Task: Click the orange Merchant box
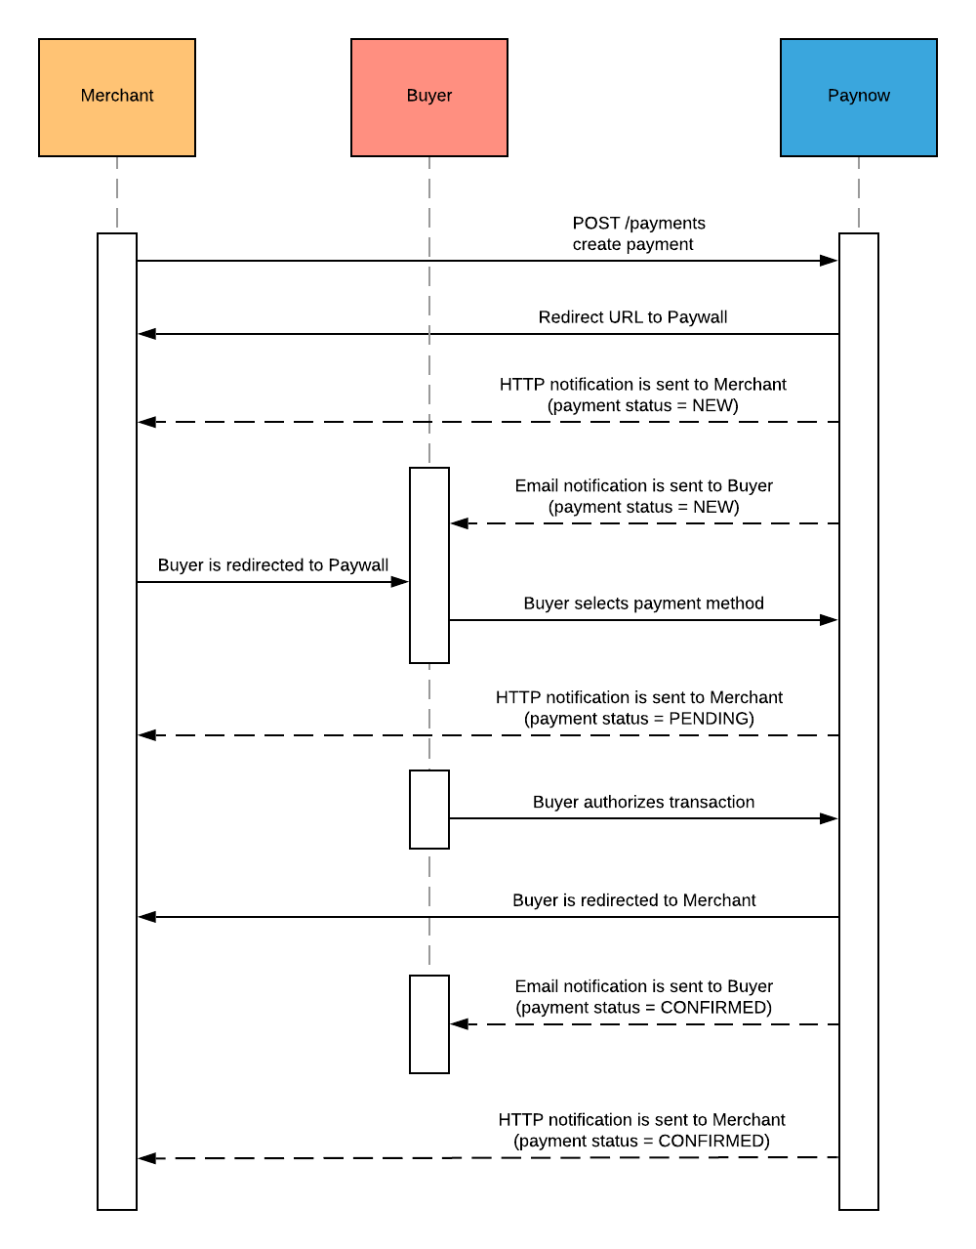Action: pyautogui.click(x=117, y=98)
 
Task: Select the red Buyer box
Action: pyautogui.click(x=429, y=98)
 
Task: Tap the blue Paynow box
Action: pyautogui.click(x=859, y=98)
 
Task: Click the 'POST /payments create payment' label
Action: pyautogui.click(x=637, y=234)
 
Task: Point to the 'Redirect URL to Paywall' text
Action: pyautogui.click(x=632, y=317)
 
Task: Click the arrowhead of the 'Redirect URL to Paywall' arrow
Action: pyautogui.click(x=147, y=334)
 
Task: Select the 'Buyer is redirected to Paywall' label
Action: pyautogui.click(x=273, y=565)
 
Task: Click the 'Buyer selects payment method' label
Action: pyautogui.click(x=643, y=604)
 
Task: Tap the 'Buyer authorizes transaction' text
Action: pyautogui.click(x=643, y=802)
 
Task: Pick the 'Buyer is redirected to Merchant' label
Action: pyautogui.click(x=633, y=900)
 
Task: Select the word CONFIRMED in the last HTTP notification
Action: pyautogui.click(x=712, y=1142)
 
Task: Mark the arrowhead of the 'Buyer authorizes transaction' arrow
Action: pyautogui.click(x=829, y=818)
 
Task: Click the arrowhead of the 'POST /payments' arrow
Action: pyautogui.click(x=829, y=261)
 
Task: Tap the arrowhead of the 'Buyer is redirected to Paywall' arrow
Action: pyautogui.click(x=399, y=582)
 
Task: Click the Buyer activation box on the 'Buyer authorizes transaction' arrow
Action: pyautogui.click(x=429, y=810)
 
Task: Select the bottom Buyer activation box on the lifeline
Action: pyautogui.click(x=429, y=1024)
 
